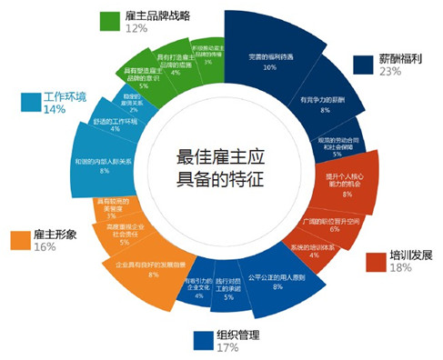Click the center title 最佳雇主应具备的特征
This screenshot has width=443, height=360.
(219, 167)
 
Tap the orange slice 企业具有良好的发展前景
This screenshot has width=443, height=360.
(151, 269)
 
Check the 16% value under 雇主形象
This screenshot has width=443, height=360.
(45, 247)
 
